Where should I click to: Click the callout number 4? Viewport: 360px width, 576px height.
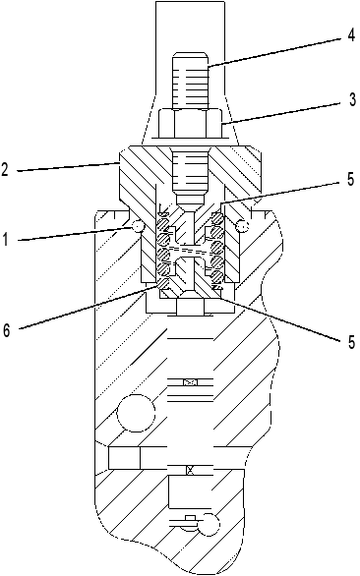(351, 35)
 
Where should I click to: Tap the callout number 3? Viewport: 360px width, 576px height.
(352, 99)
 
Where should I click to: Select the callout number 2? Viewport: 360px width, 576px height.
(4, 169)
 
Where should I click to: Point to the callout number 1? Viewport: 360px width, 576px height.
(4, 239)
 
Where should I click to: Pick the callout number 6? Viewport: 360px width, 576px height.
(6, 330)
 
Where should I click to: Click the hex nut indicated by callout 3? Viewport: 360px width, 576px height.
(190, 124)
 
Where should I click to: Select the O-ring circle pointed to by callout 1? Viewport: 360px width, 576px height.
(138, 226)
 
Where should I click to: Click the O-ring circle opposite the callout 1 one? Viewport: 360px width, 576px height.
(242, 226)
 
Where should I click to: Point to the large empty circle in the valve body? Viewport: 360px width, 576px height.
(136, 413)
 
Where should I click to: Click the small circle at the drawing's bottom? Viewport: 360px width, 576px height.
(209, 525)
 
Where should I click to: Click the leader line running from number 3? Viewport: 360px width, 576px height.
(283, 113)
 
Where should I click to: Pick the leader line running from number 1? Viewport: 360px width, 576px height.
(75, 235)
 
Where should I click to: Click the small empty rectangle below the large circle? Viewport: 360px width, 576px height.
(124, 458)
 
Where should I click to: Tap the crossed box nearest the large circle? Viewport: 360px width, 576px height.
(190, 382)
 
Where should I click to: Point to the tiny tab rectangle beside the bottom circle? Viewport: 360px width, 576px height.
(190, 518)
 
